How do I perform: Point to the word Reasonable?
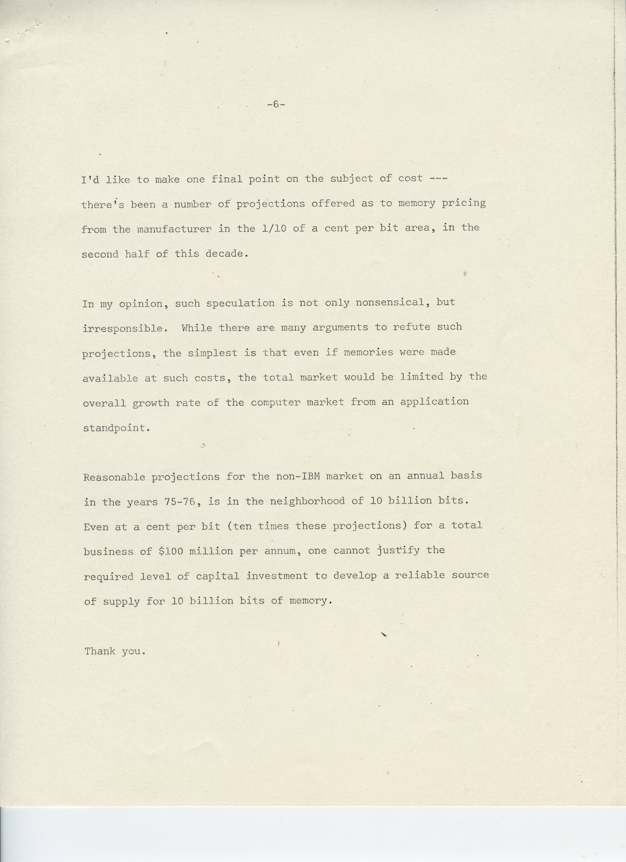(114, 477)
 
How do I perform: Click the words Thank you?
(115, 651)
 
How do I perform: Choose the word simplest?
(213, 353)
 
